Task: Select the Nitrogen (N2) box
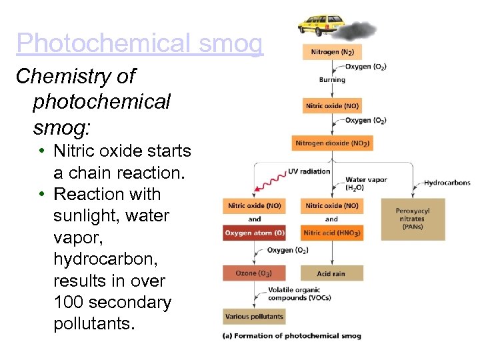tap(332, 51)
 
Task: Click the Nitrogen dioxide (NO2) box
tap(332, 143)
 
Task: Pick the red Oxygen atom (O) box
tap(255, 233)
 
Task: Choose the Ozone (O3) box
tap(255, 273)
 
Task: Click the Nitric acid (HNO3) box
tap(331, 233)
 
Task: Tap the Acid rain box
tap(331, 273)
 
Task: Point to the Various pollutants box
tap(254, 316)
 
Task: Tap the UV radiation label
tap(309, 171)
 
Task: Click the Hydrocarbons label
tap(447, 182)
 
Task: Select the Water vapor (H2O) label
tap(365, 183)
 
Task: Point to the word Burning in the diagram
tap(332, 80)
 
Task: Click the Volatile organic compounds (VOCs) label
tap(294, 293)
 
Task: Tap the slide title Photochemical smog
tap(140, 43)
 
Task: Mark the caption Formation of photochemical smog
tap(291, 336)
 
